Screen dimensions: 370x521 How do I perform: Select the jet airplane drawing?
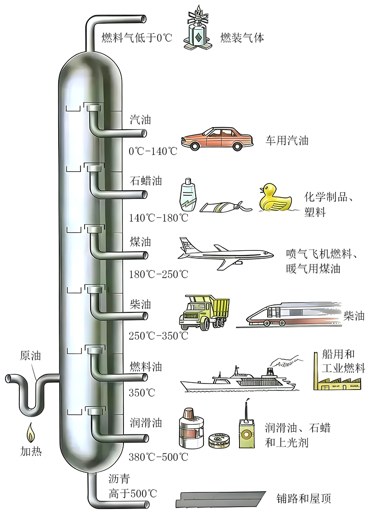(x=226, y=254)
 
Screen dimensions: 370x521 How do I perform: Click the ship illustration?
(x=238, y=380)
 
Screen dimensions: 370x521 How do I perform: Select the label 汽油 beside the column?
(x=141, y=120)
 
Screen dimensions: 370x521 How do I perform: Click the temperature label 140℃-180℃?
(x=159, y=218)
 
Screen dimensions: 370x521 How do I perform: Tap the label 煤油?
(x=141, y=242)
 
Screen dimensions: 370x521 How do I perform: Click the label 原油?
(x=30, y=356)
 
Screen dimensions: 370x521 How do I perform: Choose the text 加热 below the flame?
(x=31, y=452)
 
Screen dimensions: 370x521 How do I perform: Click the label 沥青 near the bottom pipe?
(x=119, y=479)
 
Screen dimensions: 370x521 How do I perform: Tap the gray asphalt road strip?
(x=221, y=500)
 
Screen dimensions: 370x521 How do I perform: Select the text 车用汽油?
(x=287, y=141)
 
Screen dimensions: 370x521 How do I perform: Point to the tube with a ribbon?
(x=226, y=207)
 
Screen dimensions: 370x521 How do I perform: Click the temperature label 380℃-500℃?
(x=159, y=457)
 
